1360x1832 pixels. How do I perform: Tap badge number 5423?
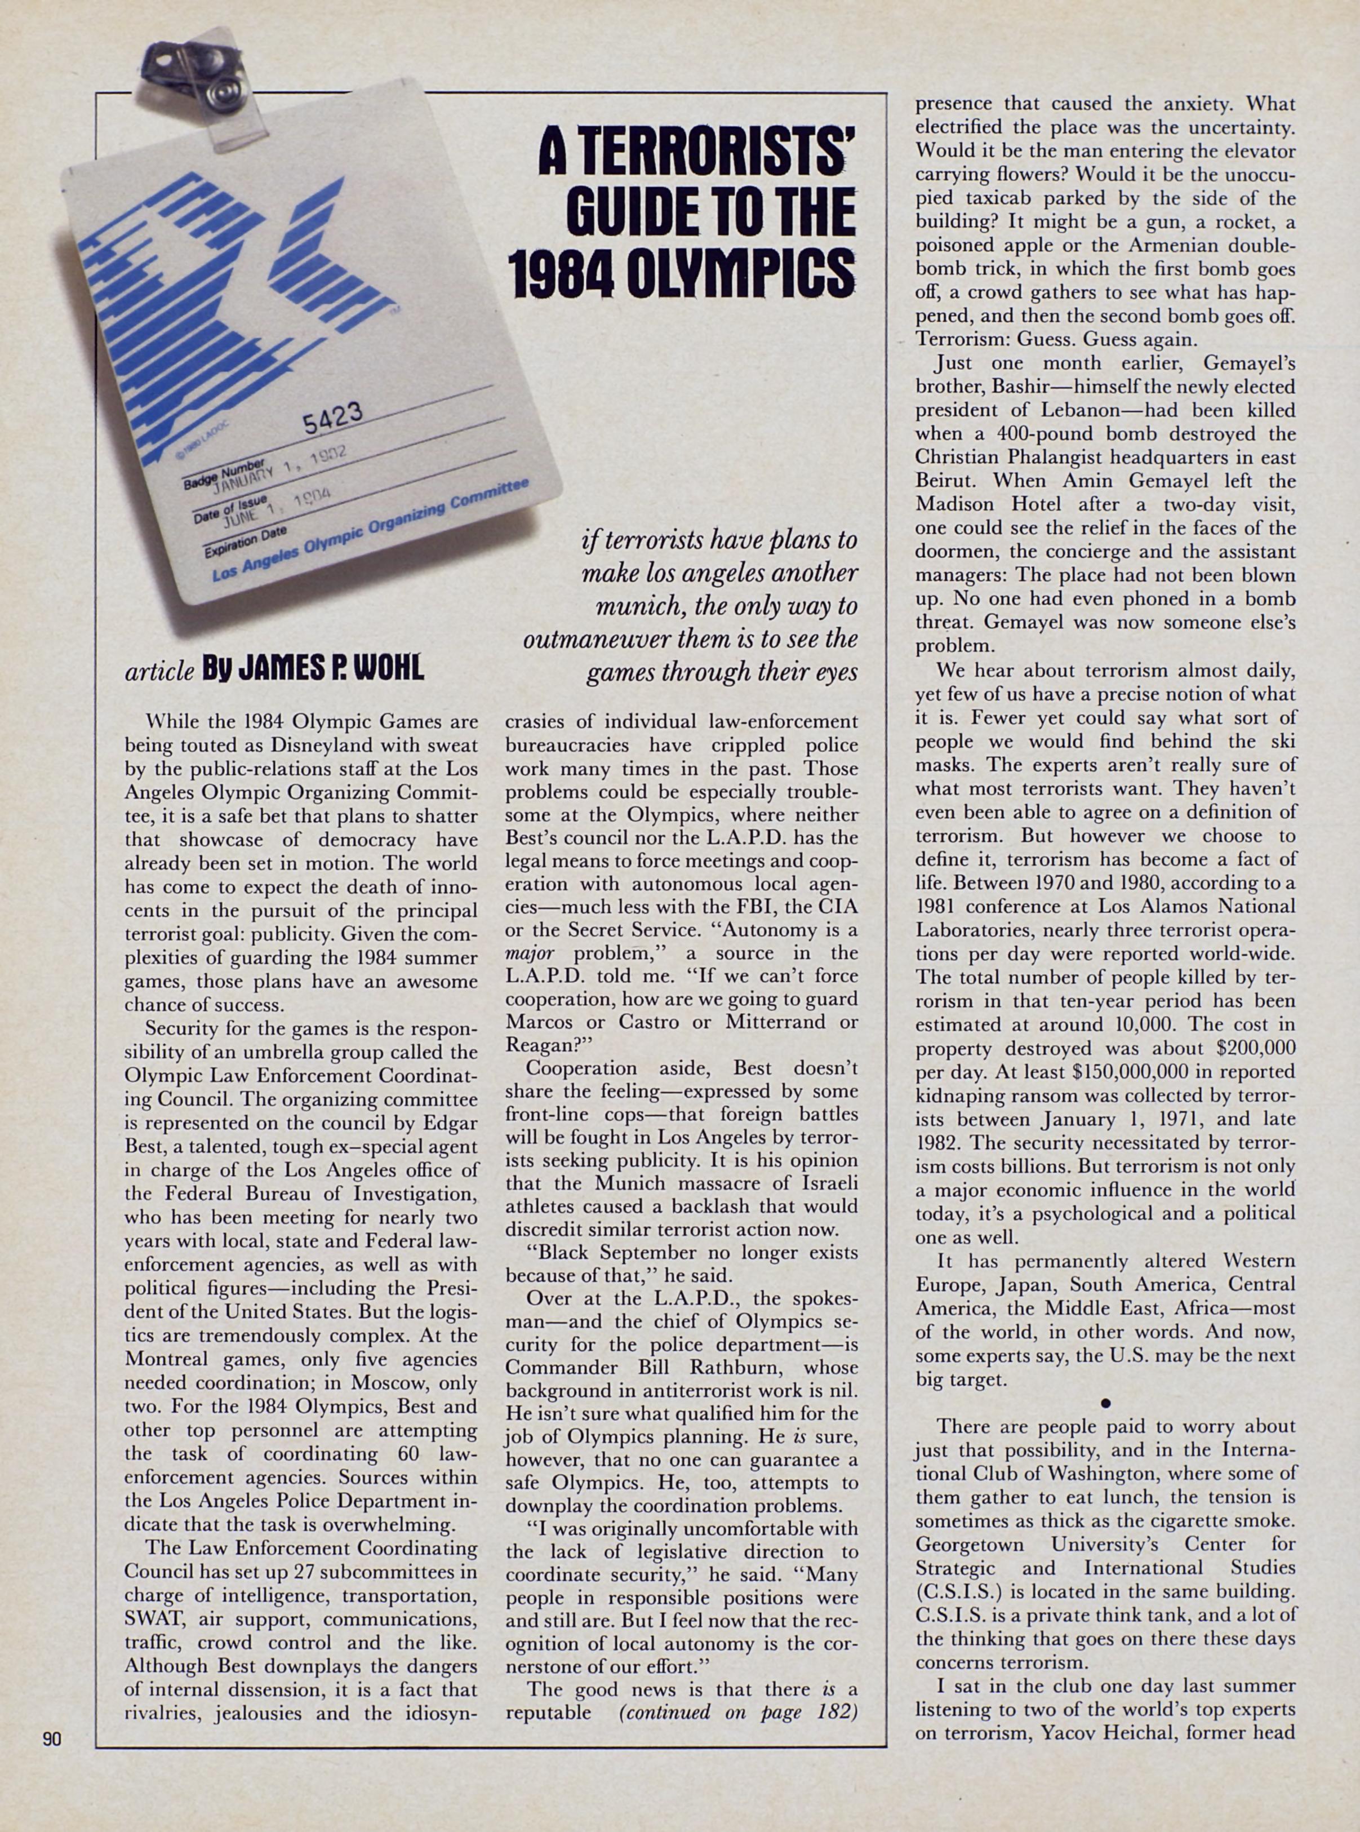(x=332, y=420)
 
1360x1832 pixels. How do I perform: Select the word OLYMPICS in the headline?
(x=739, y=271)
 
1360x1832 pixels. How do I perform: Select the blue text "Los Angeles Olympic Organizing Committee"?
(x=371, y=530)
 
